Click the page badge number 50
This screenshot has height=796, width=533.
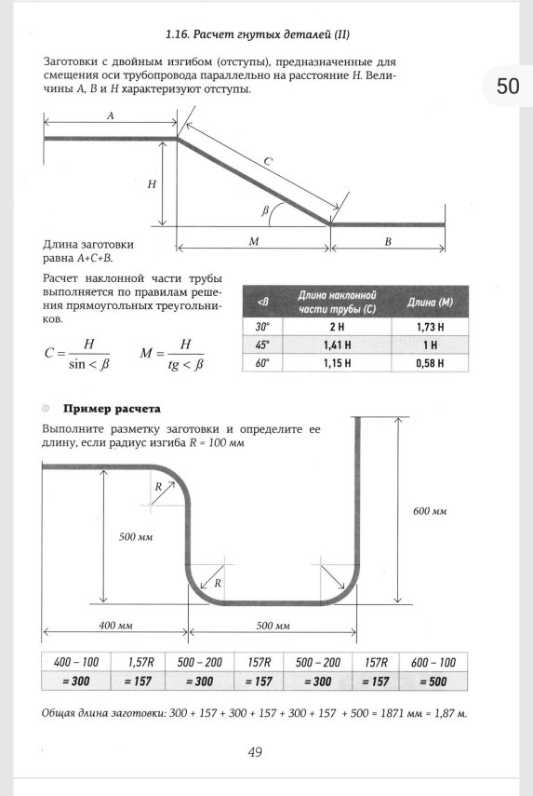[x=508, y=87]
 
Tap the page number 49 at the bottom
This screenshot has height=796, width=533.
[x=255, y=752]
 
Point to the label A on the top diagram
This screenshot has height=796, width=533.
[x=111, y=116]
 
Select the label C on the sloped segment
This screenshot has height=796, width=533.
[x=267, y=162]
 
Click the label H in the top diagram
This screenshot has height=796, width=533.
[x=152, y=184]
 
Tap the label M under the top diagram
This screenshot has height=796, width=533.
[x=253, y=241]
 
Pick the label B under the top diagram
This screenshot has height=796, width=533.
[x=388, y=241]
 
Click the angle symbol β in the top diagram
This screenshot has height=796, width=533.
[x=266, y=211]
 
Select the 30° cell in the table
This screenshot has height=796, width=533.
[x=262, y=327]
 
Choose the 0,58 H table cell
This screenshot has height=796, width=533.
[x=430, y=363]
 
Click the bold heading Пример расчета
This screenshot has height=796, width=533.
[x=112, y=409]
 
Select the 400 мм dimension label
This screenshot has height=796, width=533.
[x=115, y=625]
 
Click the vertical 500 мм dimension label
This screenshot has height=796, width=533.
[x=136, y=537]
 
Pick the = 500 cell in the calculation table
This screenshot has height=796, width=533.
[x=433, y=681]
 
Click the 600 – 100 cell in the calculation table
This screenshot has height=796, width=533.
[x=433, y=662]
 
